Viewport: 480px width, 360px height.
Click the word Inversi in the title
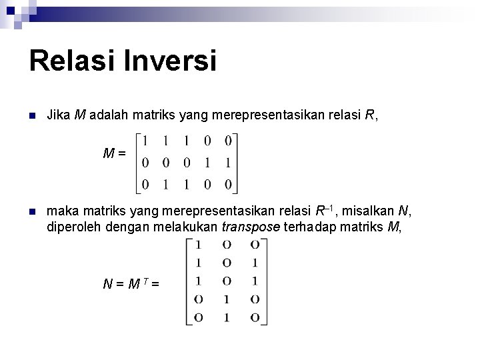[184, 61]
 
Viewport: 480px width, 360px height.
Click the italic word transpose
[251, 227]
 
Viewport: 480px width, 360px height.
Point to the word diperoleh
[73, 227]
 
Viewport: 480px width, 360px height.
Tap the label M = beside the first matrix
[115, 154]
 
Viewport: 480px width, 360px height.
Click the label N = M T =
[131, 285]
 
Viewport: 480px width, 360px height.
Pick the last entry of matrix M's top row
[228, 141]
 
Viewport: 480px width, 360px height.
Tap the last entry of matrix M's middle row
[228, 163]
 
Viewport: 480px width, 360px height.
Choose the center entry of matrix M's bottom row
[187, 184]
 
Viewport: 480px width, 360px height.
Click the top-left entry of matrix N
[198, 244]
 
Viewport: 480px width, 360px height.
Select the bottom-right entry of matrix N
[255, 317]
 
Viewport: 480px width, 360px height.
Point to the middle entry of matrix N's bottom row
[227, 317]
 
